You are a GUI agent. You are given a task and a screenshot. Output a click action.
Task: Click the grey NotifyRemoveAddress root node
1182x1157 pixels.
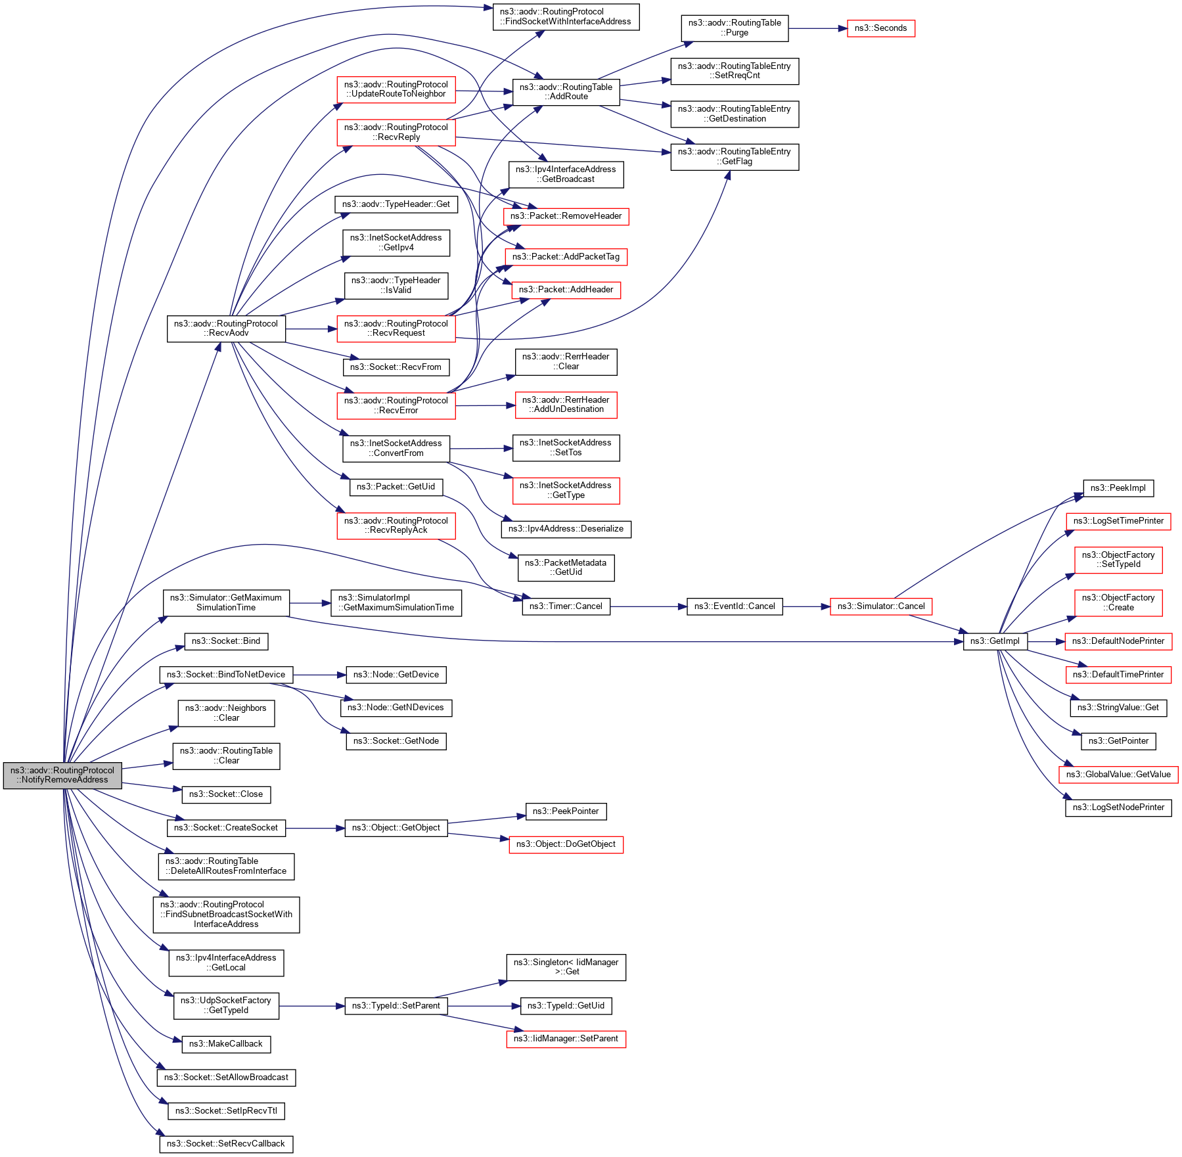tap(62, 775)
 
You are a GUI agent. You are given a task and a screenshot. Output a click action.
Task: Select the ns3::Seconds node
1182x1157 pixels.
tap(880, 28)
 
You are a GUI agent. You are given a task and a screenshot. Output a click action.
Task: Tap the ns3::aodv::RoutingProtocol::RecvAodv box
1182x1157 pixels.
tap(226, 329)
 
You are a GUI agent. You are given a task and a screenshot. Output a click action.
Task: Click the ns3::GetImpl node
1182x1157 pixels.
tap(995, 641)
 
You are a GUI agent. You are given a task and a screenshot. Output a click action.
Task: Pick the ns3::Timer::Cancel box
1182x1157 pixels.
tap(566, 606)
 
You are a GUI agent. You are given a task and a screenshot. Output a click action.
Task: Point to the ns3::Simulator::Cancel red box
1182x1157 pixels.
tap(880, 606)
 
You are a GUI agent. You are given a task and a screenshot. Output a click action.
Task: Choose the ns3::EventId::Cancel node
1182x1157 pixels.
tap(735, 606)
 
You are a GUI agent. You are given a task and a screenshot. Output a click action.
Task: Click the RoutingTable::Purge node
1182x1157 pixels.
tap(735, 28)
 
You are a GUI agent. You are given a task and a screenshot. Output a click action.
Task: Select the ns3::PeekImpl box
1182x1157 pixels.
tap(1118, 488)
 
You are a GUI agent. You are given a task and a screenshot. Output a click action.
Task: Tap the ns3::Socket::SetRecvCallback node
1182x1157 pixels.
tap(226, 1144)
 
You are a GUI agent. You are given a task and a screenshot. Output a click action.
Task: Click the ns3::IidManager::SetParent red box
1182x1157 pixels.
tap(566, 1039)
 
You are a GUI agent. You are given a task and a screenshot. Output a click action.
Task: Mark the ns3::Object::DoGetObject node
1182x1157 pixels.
tap(566, 844)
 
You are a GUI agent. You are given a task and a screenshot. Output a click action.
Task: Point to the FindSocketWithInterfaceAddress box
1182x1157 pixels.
tap(566, 16)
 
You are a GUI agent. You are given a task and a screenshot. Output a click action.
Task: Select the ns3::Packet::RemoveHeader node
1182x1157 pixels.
tap(566, 216)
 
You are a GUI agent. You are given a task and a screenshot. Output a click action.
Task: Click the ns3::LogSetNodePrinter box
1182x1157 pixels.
tap(1118, 807)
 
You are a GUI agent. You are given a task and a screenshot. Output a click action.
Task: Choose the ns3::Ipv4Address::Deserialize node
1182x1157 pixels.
tap(566, 529)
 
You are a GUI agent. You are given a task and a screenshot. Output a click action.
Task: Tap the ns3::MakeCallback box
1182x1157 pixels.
tap(226, 1044)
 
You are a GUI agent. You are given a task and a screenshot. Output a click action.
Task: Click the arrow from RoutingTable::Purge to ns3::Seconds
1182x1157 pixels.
tap(817, 28)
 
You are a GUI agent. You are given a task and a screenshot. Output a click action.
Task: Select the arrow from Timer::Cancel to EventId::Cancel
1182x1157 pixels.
tap(648, 606)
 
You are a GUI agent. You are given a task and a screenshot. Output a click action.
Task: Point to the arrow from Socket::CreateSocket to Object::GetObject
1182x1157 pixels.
tap(315, 828)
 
